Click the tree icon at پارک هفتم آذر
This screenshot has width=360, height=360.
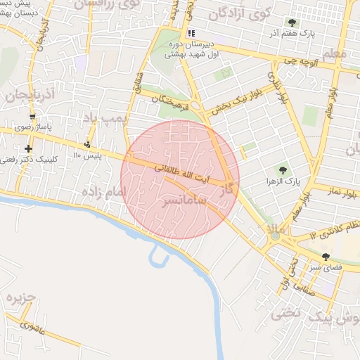tap(292, 22)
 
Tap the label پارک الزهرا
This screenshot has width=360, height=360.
tap(283, 181)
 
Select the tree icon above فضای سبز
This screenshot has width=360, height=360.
tap(326, 257)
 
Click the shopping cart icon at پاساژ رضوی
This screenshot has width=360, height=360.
tap(32, 117)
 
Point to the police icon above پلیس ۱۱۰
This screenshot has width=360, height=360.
tap(87, 144)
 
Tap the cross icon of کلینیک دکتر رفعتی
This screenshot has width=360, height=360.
tap(28, 148)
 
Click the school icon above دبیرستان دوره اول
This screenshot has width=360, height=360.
tap(191, 33)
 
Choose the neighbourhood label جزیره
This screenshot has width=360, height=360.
tap(21, 299)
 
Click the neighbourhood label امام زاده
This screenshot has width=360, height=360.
tap(103, 191)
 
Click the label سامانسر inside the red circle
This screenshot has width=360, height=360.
tap(186, 201)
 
